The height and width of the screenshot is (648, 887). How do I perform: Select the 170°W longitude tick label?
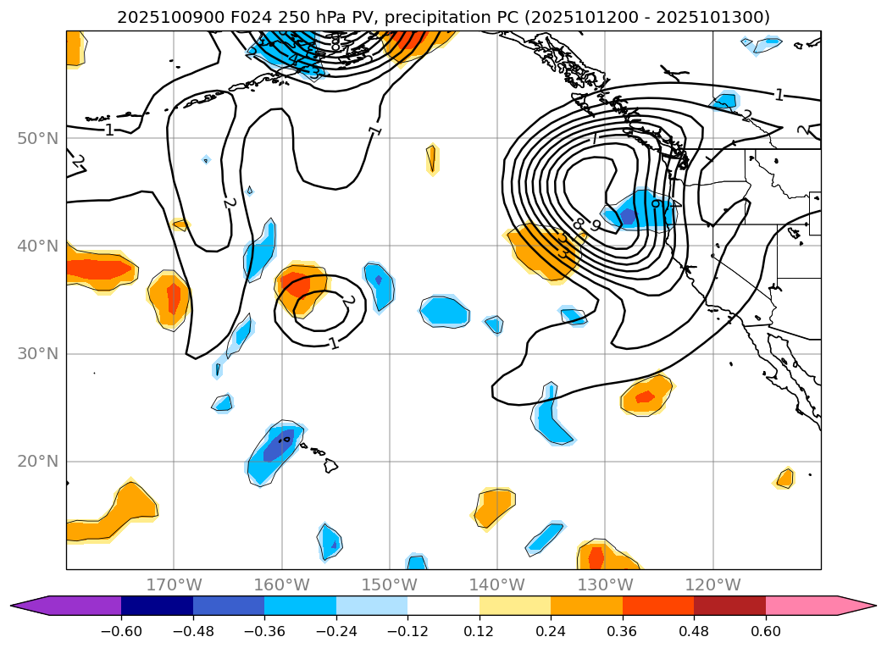[174, 584]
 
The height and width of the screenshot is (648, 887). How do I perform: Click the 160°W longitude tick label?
[281, 584]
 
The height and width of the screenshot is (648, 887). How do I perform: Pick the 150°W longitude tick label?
[389, 584]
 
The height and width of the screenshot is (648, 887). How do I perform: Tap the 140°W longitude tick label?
[496, 584]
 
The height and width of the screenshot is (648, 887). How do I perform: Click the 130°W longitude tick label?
[605, 584]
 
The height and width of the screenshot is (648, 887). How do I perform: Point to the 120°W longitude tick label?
[712, 584]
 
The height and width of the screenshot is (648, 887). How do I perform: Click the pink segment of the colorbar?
[801, 606]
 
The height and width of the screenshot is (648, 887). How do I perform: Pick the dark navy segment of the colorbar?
[157, 606]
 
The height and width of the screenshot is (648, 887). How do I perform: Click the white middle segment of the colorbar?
[443, 606]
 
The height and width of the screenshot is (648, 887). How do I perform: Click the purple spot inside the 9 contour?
[628, 216]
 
